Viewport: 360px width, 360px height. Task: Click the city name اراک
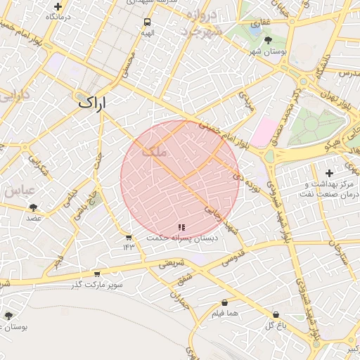[x=90, y=103]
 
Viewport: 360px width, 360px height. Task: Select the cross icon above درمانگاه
[x=57, y=6]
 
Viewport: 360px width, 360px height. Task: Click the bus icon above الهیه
[x=146, y=22]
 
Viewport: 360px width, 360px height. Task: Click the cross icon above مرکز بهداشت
[x=329, y=173]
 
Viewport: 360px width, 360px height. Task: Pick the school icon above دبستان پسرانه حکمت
[x=182, y=228]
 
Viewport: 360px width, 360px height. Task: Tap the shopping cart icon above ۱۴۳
[x=129, y=237]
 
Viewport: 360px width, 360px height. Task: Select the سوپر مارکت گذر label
[x=96, y=285]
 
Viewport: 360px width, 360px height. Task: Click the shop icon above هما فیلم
[x=224, y=303]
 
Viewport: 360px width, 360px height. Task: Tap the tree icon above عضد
[x=33, y=207]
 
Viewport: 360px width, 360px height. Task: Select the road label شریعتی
[x=171, y=264]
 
